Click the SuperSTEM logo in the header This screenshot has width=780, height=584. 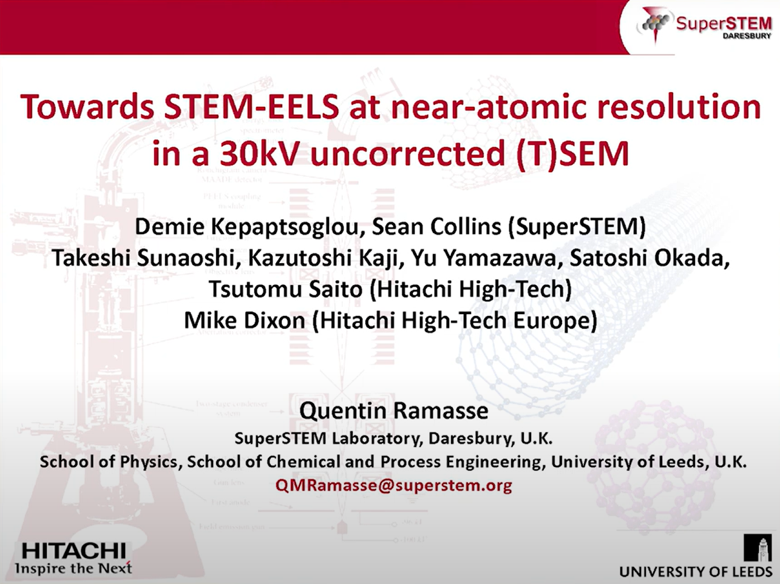(x=704, y=25)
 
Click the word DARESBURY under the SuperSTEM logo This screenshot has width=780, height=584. (x=747, y=36)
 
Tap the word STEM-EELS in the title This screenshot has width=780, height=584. (x=251, y=107)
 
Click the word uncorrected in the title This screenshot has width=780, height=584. (x=407, y=153)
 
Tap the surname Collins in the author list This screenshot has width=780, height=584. (x=466, y=227)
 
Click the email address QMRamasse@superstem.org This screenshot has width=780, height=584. (x=393, y=485)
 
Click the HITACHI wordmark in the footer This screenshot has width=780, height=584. (x=73, y=551)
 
